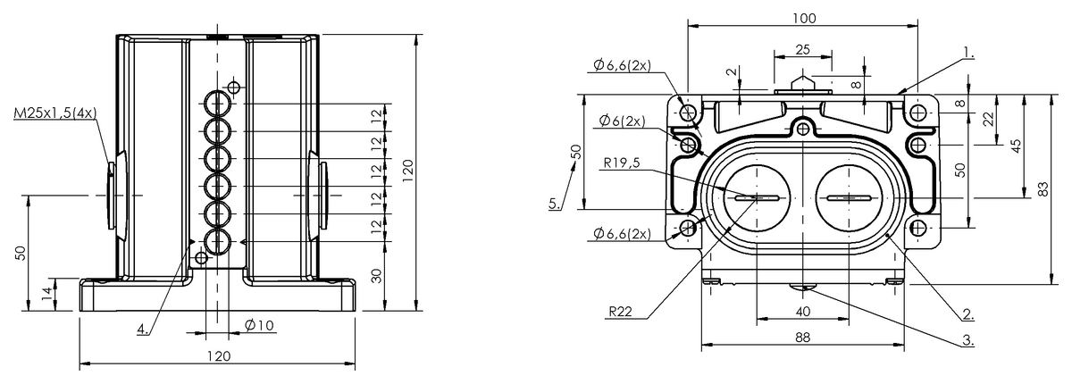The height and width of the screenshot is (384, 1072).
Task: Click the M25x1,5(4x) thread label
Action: point(55,113)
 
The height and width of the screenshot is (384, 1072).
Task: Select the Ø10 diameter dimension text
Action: point(259,326)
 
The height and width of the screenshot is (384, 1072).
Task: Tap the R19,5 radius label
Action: point(621,163)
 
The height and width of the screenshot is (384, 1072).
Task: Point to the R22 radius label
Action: point(620,312)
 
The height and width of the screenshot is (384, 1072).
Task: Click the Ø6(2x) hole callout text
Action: point(622,121)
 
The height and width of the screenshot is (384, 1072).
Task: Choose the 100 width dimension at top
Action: point(804,18)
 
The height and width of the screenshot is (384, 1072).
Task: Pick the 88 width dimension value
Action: point(802,338)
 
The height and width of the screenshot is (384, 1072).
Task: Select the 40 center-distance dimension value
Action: point(802,312)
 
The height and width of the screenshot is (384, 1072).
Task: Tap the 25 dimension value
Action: point(802,49)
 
